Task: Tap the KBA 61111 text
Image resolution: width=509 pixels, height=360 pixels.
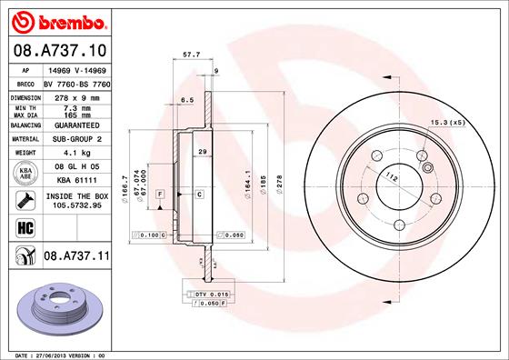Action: tap(75, 181)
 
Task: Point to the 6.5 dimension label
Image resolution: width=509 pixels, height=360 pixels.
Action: tap(188, 99)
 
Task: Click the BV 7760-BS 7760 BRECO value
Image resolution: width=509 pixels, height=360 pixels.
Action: tap(75, 82)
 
